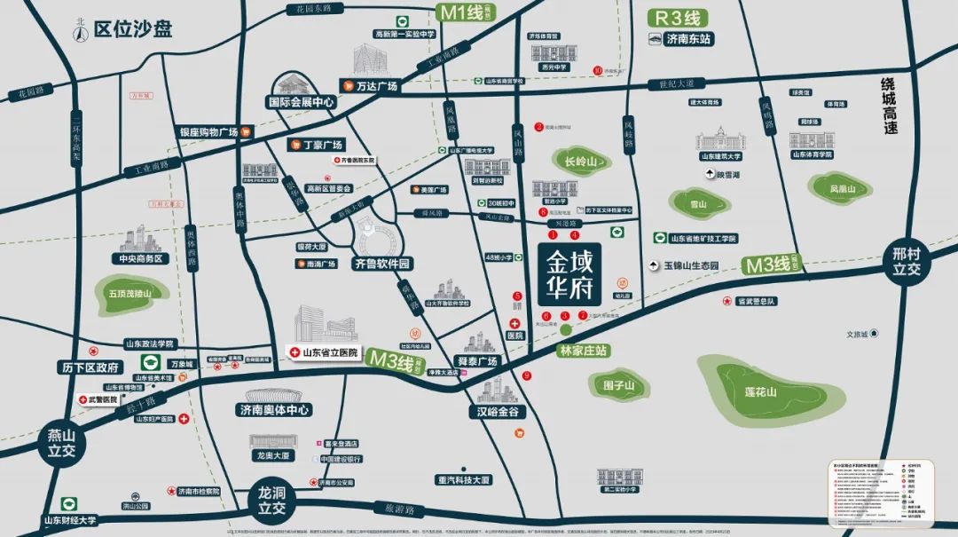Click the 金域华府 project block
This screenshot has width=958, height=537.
573,274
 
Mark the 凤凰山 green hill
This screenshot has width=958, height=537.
842,188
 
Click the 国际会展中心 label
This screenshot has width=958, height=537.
302,102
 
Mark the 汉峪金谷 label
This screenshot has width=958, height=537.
501,412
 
